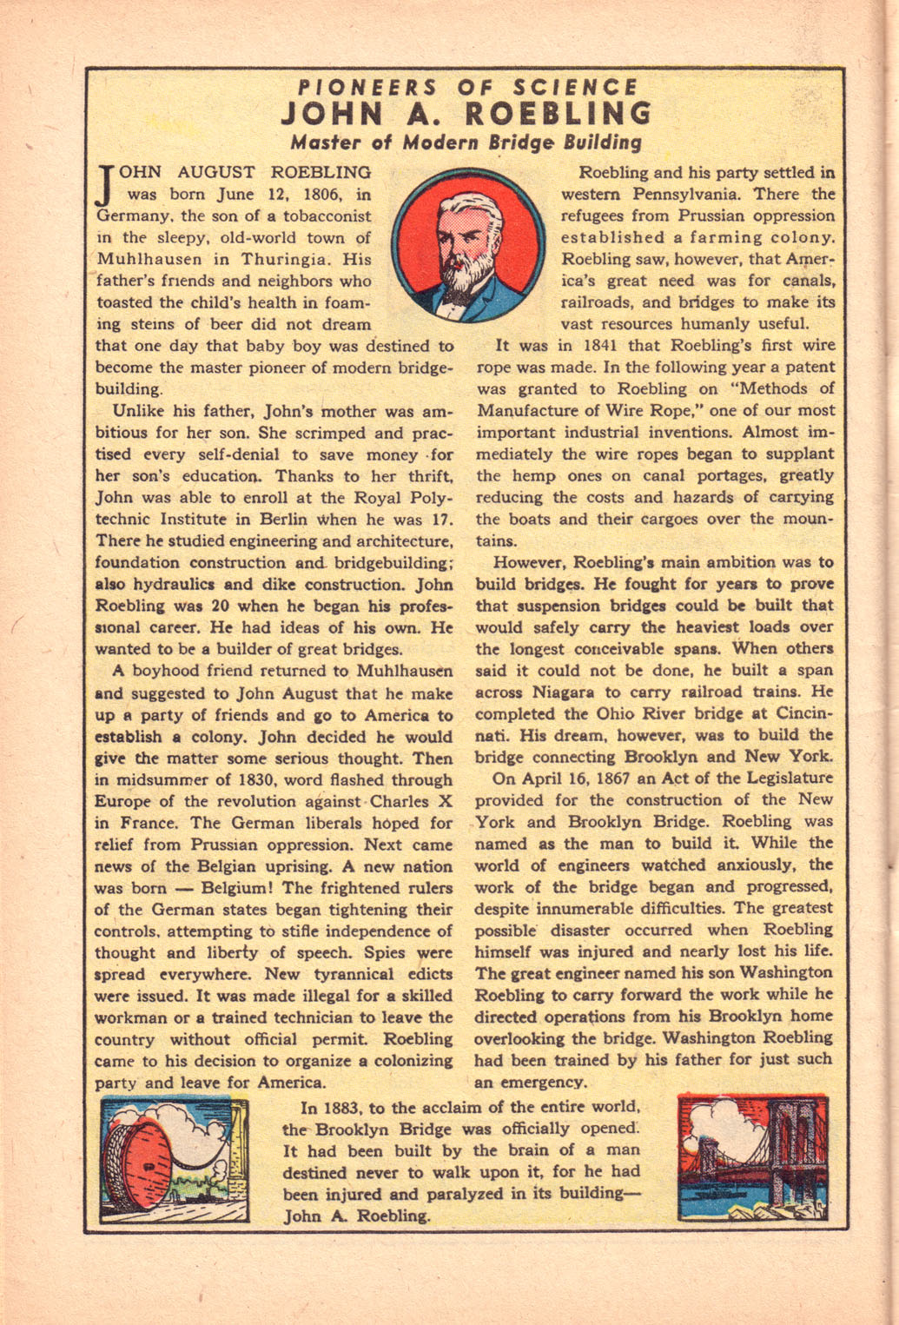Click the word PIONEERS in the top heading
tap(366, 87)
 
